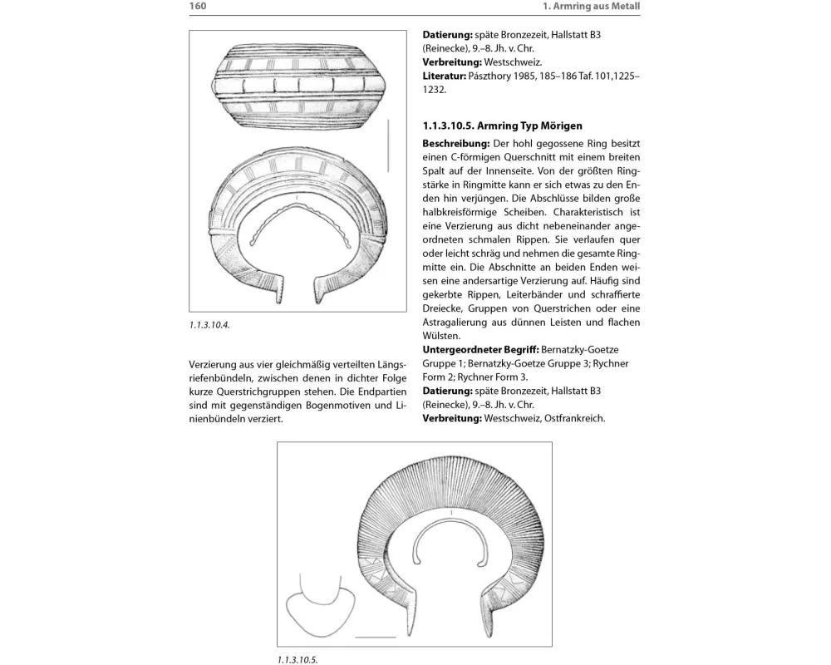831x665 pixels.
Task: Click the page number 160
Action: click(198, 7)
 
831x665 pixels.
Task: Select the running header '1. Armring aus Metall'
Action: click(595, 7)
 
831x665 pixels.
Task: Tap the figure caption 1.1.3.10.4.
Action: click(209, 325)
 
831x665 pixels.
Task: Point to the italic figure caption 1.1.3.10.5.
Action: click(297, 659)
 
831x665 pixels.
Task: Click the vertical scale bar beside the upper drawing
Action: click(387, 146)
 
